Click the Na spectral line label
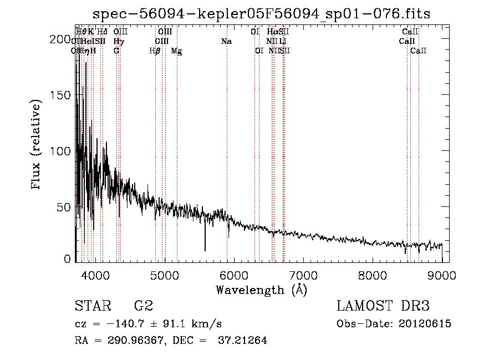pos(226,42)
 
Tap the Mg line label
pos(176,51)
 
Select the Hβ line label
pos(155,50)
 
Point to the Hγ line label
pos(119,42)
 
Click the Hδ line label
pos(103,32)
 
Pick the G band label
pos(116,50)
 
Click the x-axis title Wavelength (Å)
pos(261,290)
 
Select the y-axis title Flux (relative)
pos(37,145)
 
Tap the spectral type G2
pos(144,306)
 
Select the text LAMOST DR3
pos(383,306)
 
